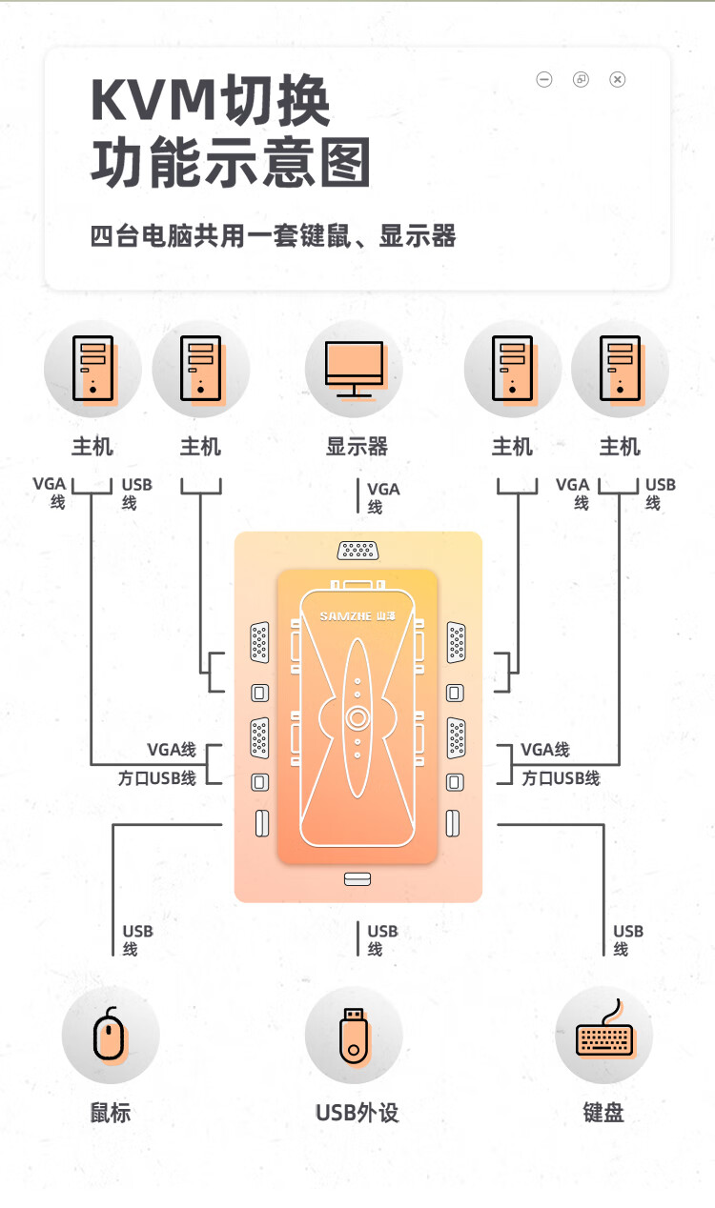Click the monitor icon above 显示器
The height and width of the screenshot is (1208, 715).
[354, 368]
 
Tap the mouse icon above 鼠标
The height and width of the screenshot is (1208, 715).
[110, 1035]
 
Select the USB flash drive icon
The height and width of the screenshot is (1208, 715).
[353, 1035]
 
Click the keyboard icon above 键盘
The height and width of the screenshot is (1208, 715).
[603, 1037]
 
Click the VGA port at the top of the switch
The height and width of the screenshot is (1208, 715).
[357, 551]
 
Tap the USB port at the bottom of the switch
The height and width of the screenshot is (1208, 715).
[357, 878]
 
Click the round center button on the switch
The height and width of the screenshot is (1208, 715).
[357, 717]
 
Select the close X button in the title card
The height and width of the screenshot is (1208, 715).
[618, 79]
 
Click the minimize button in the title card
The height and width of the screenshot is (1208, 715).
[544, 79]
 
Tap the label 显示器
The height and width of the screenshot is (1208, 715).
[357, 446]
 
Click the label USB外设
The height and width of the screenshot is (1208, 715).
[357, 1112]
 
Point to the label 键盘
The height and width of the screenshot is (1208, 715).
[603, 1112]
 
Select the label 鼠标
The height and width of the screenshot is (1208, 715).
[111, 1112]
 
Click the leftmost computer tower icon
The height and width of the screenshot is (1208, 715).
[92, 368]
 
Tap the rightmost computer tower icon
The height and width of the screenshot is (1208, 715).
[620, 368]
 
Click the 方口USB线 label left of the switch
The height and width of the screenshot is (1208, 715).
[157, 777]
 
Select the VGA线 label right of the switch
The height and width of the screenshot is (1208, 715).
[545, 750]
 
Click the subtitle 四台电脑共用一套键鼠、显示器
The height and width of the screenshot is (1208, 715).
[273, 235]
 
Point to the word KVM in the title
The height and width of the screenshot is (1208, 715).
[153, 102]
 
